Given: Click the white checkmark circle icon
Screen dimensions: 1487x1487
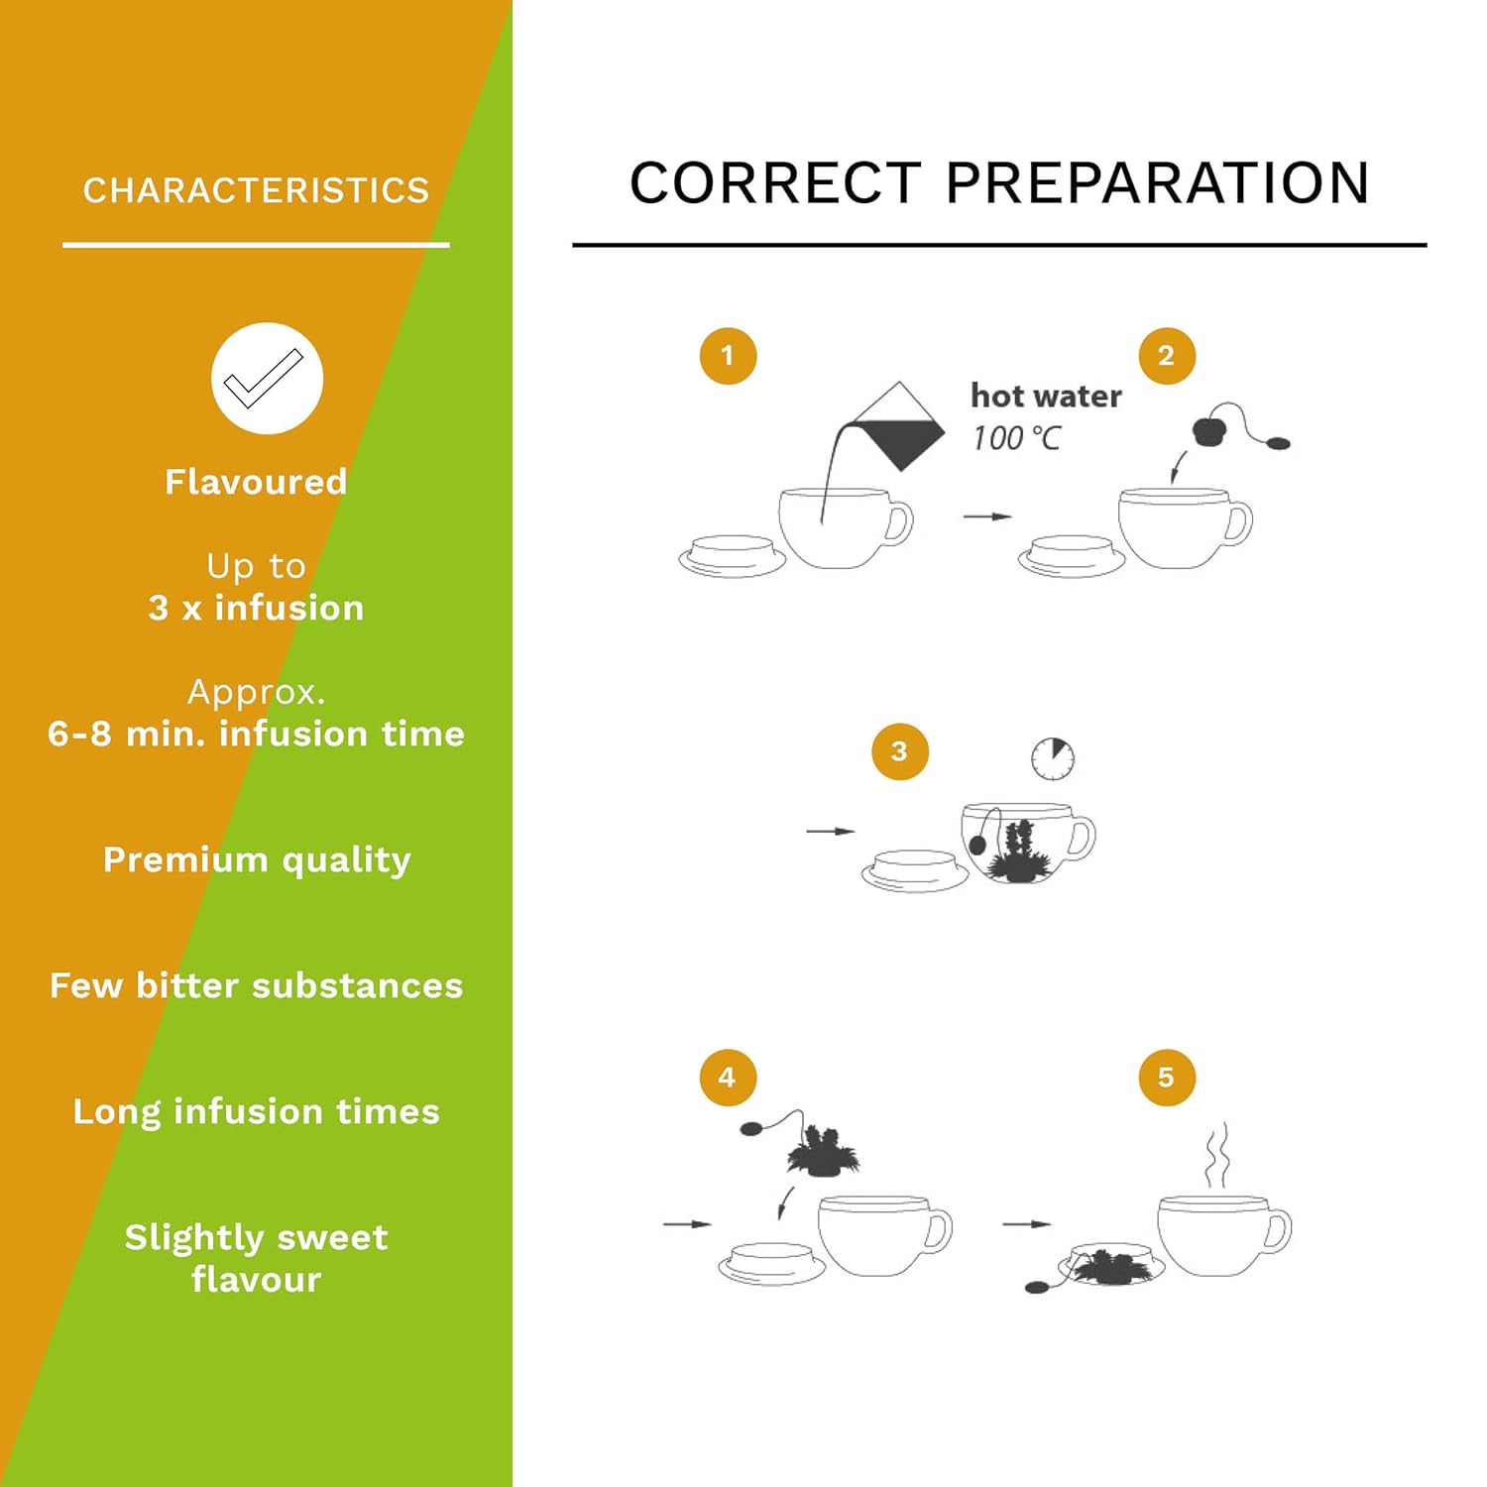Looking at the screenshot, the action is pos(267,378).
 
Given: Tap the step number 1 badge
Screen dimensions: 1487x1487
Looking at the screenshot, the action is pos(728,356).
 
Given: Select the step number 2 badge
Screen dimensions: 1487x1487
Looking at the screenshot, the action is pos(1167,356).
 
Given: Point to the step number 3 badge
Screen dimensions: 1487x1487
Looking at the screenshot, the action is pos(899,751).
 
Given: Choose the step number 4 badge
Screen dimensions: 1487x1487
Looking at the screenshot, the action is pos(728,1078).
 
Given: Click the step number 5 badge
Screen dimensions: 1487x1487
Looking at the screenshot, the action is pos(1167,1078).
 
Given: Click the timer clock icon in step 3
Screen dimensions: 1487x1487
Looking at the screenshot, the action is pos(1053,758).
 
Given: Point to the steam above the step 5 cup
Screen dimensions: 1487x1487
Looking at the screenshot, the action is pos(1217,1156).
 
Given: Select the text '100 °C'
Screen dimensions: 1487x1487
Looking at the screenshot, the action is pos(1017,438).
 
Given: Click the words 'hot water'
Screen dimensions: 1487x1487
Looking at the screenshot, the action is pos(1046,396).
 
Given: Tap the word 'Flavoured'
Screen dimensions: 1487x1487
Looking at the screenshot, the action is pos(256,482).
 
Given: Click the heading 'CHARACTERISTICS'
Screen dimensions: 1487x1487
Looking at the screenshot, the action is pos(256,190).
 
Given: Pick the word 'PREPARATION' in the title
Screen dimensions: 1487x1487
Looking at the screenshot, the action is pos(1158,183).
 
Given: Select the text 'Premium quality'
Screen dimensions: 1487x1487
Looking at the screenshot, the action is pos(257,860).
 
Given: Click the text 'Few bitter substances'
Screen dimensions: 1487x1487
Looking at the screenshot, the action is pos(257,985).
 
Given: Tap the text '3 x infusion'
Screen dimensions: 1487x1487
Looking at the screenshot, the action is pos(257,608).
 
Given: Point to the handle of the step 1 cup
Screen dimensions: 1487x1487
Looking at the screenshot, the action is pos(898,522).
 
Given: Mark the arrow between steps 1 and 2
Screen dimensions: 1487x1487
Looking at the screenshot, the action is pos(988,516).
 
